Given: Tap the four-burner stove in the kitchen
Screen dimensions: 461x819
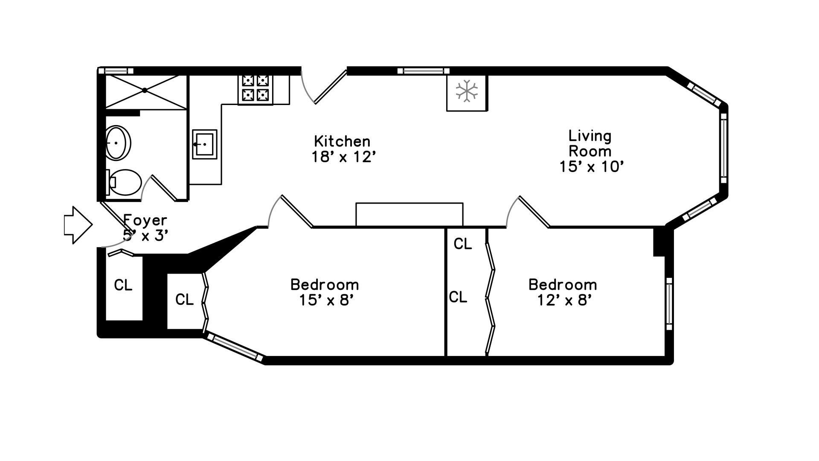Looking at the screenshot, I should pyautogui.click(x=255, y=88).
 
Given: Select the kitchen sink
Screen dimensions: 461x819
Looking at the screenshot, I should pyautogui.click(x=204, y=144).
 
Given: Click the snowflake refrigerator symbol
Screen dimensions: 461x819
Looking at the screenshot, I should pyautogui.click(x=467, y=91).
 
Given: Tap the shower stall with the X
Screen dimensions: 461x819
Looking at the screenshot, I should pyautogui.click(x=145, y=91).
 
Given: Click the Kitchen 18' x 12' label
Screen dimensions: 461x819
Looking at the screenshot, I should pyautogui.click(x=343, y=149).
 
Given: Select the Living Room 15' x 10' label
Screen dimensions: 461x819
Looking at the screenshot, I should pyautogui.click(x=591, y=151).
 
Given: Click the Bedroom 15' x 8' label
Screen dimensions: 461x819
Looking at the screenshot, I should pyautogui.click(x=325, y=292).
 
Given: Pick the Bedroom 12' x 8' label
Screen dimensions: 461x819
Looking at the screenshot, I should pyautogui.click(x=563, y=292).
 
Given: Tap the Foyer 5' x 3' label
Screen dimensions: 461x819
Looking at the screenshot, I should pyautogui.click(x=145, y=228).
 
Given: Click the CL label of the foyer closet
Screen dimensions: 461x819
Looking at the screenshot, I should pyautogui.click(x=123, y=285).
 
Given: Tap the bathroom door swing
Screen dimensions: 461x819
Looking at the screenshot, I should pyautogui.click(x=162, y=188).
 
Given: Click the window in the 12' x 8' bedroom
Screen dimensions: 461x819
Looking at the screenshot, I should pyautogui.click(x=669, y=303).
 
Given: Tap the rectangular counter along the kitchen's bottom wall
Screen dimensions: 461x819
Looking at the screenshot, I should pyautogui.click(x=409, y=214).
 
